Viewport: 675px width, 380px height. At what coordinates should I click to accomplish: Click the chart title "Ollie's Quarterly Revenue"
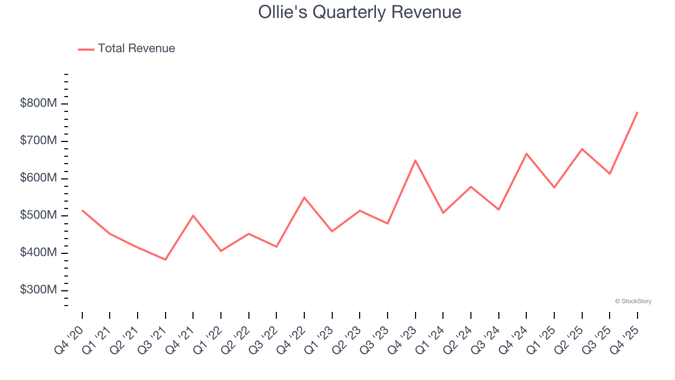pos(360,12)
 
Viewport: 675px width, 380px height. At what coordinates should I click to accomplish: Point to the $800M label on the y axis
pos(38,103)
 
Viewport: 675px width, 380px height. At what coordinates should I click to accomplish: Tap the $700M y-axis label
pos(38,141)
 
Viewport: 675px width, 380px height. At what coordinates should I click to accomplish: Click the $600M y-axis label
pos(38,178)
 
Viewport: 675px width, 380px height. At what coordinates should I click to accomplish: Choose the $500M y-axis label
pos(38,216)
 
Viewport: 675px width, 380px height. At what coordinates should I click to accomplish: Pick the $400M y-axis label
pos(38,253)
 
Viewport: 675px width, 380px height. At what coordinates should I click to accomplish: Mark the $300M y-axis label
pos(38,290)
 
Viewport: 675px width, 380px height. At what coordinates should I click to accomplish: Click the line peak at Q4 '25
pos(638,112)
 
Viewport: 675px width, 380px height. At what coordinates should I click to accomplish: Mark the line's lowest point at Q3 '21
pos(166,260)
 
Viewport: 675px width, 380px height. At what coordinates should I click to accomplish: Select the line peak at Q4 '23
pos(416,160)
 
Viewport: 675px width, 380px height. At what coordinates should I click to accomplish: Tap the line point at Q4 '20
pos(82,210)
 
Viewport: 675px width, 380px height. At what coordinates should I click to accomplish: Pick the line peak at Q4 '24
pos(526,154)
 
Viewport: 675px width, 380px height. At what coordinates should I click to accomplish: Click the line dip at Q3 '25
pos(610,174)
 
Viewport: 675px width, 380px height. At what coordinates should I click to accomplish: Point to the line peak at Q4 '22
pos(304,197)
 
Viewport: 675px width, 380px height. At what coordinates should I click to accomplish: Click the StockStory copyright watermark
pos(633,301)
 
